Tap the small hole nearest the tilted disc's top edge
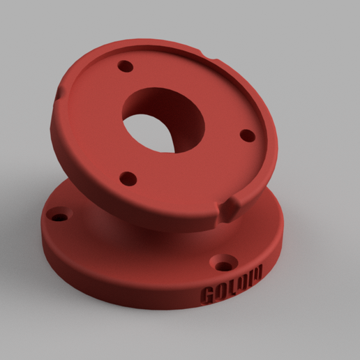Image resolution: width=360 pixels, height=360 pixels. pos(126,67)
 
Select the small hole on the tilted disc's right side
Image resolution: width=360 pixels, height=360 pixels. pos(246,135)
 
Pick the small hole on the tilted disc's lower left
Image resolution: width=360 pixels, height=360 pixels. pos(128,179)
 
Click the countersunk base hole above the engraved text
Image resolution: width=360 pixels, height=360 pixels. pos(225,264)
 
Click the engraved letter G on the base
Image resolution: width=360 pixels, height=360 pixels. pos(207,296)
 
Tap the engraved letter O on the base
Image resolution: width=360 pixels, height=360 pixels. pos(220,291)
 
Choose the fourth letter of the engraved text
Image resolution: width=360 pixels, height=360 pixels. pos(241,282)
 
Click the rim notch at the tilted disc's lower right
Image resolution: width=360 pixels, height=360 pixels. pos(230,208)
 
